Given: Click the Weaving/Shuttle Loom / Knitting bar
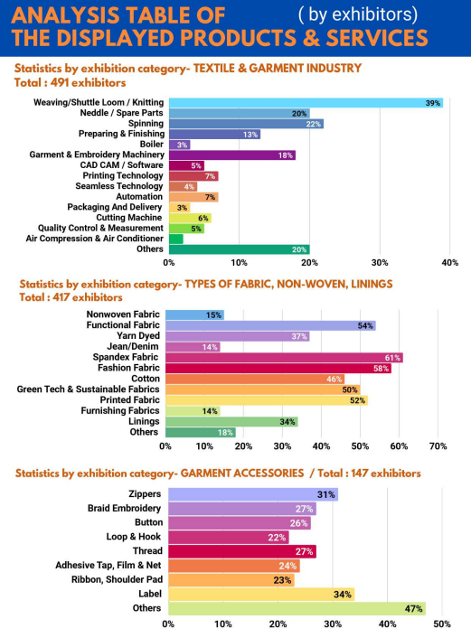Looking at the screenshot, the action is (306, 103).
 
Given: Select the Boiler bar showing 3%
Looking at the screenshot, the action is (180, 145).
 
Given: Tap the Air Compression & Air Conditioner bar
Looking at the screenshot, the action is (176, 239).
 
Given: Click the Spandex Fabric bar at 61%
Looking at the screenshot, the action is (284, 358).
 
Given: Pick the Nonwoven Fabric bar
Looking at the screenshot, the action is (194, 314).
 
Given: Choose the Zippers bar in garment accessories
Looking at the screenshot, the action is (253, 494).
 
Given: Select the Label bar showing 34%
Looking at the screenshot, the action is (261, 594).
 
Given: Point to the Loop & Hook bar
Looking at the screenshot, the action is (229, 537).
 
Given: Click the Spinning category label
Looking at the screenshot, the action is (146, 123).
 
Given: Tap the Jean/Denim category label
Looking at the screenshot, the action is (133, 346).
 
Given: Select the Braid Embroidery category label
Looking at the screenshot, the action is (124, 508).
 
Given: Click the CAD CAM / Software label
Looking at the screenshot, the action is (121, 165).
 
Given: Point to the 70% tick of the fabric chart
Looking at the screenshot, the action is (438, 446).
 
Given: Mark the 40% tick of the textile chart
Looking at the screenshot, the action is (450, 263).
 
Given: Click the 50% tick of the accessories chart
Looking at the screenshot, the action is (442, 624).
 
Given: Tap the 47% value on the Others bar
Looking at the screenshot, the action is (413, 609).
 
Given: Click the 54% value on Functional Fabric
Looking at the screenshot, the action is (365, 326).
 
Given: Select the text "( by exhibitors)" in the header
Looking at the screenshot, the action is (358, 15).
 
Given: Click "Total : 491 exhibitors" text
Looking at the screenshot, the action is (70, 83).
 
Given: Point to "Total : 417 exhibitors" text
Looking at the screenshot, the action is (71, 297).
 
